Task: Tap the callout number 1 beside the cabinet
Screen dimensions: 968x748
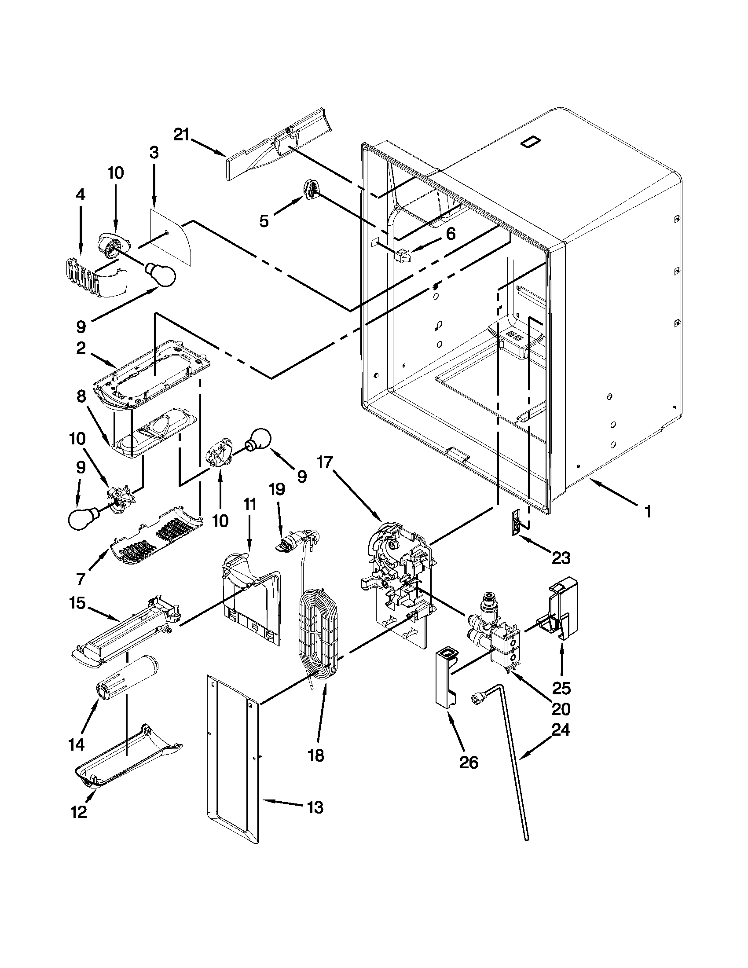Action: [648, 512]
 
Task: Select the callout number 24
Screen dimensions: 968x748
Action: [560, 729]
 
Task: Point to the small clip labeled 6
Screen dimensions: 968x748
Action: [402, 256]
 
